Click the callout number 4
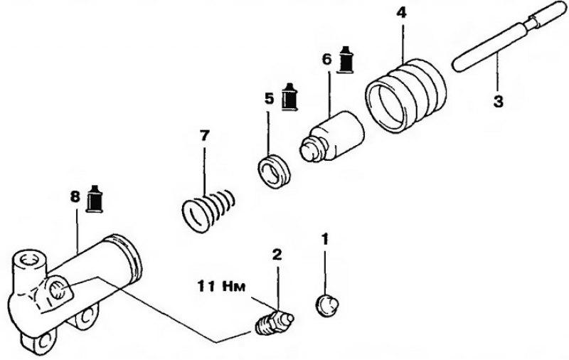coord(401,13)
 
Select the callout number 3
coord(499,101)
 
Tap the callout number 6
coord(327,59)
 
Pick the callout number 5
coord(269,98)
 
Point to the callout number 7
coord(204,136)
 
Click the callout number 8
coord(75,197)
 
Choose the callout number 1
coord(325,240)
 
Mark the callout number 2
coord(277,255)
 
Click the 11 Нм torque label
coord(221,286)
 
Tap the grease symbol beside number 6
coord(346,60)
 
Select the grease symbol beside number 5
coord(289,97)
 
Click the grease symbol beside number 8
coord(95,199)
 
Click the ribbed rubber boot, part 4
coord(405,95)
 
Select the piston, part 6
coord(331,136)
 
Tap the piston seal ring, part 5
coord(275,171)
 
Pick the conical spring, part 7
coord(208,211)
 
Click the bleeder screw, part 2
coord(274,322)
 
